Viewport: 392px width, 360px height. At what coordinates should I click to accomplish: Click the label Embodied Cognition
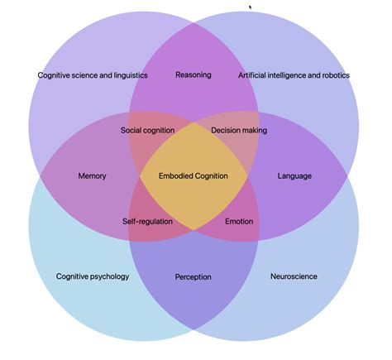tap(194, 176)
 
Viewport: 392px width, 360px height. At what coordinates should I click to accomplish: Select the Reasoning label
tap(194, 74)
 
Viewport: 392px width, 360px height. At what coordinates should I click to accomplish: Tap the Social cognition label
tap(147, 130)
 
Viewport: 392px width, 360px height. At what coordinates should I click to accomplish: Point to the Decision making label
tap(239, 130)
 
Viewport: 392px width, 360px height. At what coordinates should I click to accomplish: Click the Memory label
tap(92, 176)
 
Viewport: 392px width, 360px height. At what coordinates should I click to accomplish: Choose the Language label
tap(294, 176)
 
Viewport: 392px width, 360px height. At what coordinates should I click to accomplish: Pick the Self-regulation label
tap(147, 222)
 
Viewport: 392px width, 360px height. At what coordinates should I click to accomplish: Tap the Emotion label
tap(239, 222)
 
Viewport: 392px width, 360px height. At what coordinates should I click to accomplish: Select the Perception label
tap(194, 276)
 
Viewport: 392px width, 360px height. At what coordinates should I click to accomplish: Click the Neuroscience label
tap(294, 276)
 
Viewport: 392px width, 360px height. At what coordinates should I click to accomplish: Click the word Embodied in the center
tap(174, 176)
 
